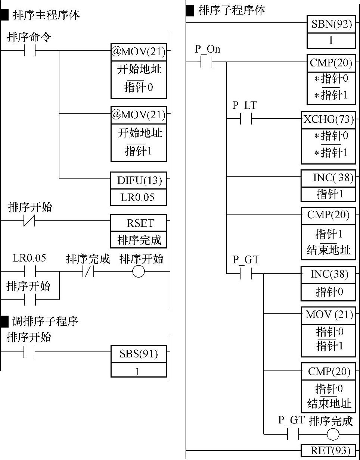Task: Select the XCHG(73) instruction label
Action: tap(328, 119)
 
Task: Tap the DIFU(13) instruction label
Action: tap(139, 181)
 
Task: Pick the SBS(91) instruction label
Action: tap(139, 354)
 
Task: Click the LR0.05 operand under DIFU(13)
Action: tap(137, 197)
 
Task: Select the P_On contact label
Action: tap(207, 49)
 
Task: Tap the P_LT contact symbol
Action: tap(245, 119)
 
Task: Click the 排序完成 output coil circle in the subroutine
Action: tap(333, 435)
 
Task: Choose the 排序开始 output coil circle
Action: tap(138, 272)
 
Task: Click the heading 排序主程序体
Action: tap(46, 15)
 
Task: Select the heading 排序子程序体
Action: tap(232, 10)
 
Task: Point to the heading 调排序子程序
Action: tap(45, 321)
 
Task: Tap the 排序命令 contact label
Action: tap(29, 37)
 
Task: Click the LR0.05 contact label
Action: tap(29, 258)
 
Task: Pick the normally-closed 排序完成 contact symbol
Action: tap(88, 272)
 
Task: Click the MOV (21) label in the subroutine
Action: tap(329, 315)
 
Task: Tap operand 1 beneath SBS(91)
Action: tap(138, 372)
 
